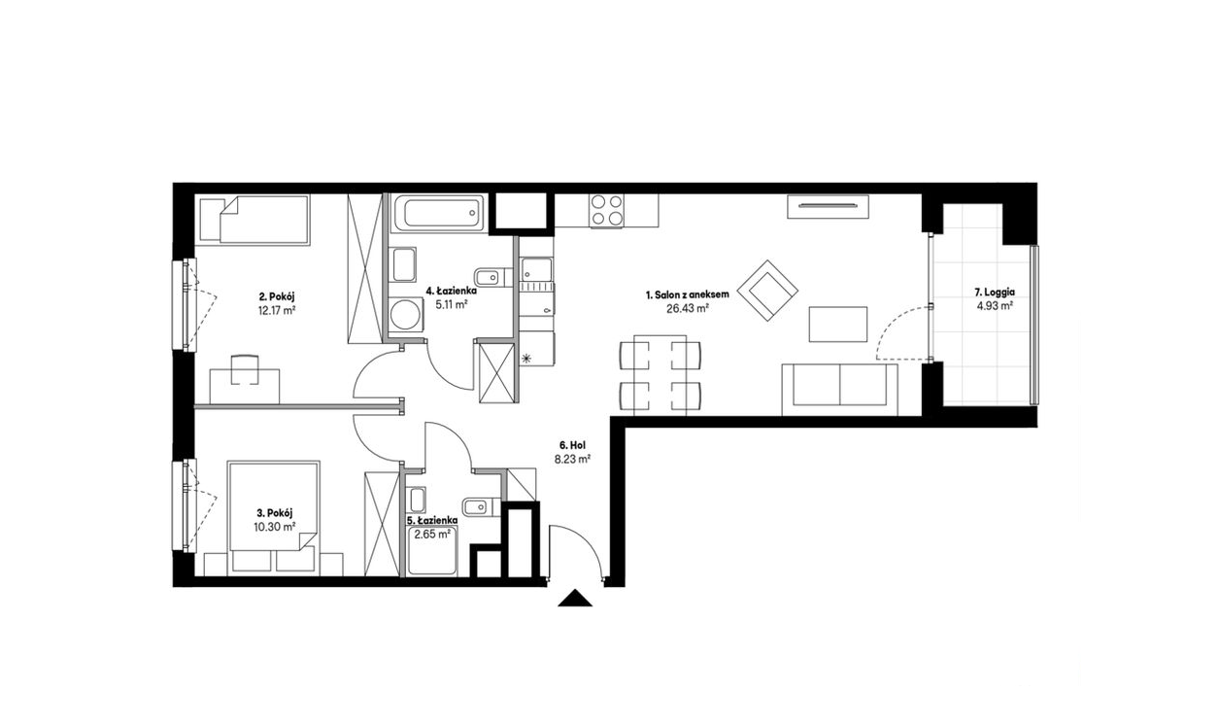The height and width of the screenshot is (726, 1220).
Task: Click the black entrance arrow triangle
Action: click(x=575, y=598)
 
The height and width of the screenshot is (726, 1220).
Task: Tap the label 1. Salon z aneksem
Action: click(x=688, y=294)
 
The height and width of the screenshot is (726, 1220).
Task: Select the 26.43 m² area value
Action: click(x=688, y=308)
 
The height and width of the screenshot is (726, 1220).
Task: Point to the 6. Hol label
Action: click(x=571, y=445)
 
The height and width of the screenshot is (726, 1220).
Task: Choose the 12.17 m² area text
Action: click(x=277, y=311)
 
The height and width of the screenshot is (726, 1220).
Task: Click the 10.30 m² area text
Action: click(x=275, y=527)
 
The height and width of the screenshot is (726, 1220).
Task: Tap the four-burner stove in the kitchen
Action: click(x=607, y=210)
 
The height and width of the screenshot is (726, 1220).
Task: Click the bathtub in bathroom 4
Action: click(x=438, y=213)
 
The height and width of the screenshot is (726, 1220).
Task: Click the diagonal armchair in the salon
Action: click(x=767, y=290)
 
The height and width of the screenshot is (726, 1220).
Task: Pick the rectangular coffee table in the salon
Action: click(x=837, y=325)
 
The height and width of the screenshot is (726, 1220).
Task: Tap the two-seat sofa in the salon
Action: click(x=839, y=389)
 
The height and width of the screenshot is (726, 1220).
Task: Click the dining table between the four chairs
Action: click(x=661, y=375)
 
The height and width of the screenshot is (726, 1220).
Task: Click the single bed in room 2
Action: click(x=254, y=219)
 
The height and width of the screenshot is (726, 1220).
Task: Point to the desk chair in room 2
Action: click(x=246, y=369)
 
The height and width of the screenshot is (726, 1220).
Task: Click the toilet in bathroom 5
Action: click(x=480, y=507)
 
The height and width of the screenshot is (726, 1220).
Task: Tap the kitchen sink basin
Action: click(x=536, y=269)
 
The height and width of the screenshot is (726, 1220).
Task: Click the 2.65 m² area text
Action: click(x=432, y=535)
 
